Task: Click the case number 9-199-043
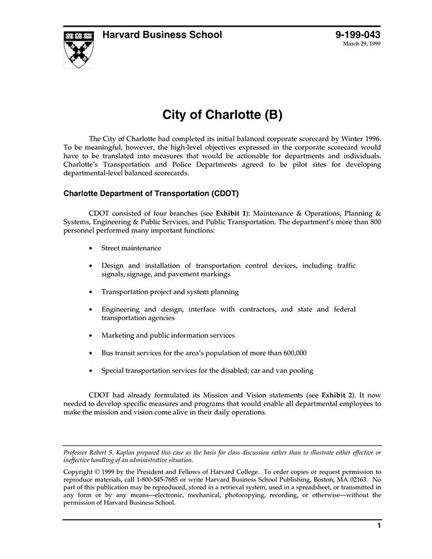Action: [x=358, y=35]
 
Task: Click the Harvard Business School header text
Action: [x=162, y=35]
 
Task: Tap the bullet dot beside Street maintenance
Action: [x=91, y=249]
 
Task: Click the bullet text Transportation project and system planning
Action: [x=170, y=292]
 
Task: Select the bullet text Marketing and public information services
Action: [x=168, y=336]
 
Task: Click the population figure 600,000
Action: [x=292, y=354]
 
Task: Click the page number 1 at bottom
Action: [x=378, y=526]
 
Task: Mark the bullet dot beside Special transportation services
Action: [x=91, y=371]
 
